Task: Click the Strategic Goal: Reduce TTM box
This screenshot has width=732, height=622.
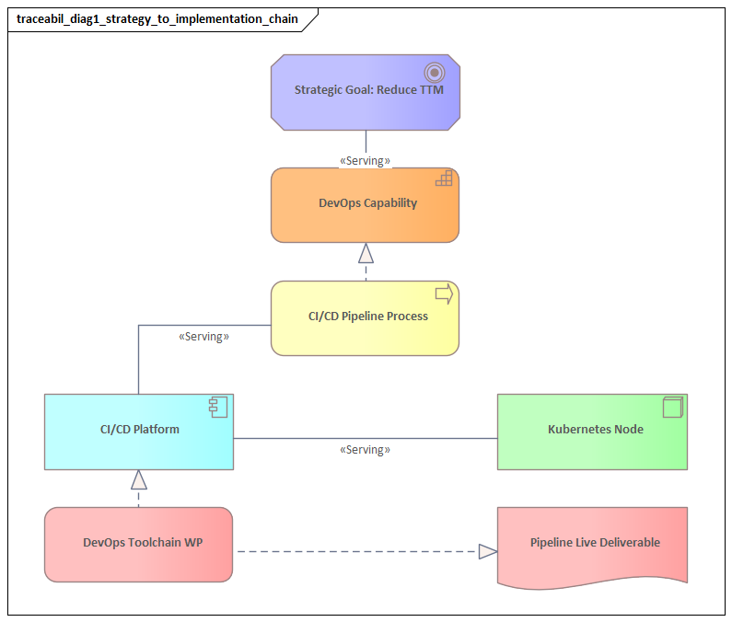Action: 366,91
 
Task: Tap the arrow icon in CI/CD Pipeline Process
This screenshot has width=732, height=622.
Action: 444,294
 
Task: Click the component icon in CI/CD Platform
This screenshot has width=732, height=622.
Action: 218,407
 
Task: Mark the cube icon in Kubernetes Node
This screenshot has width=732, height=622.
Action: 672,407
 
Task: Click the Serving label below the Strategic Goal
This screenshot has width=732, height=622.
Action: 366,161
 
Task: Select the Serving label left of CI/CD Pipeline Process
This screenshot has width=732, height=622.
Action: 203,337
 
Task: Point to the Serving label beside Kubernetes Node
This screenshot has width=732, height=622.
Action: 366,450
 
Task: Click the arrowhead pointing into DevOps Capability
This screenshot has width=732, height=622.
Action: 366,253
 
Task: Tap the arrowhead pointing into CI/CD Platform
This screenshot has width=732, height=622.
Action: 139,479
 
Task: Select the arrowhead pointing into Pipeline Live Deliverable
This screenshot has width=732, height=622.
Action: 488,551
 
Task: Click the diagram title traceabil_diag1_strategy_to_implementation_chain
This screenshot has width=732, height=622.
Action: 157,18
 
